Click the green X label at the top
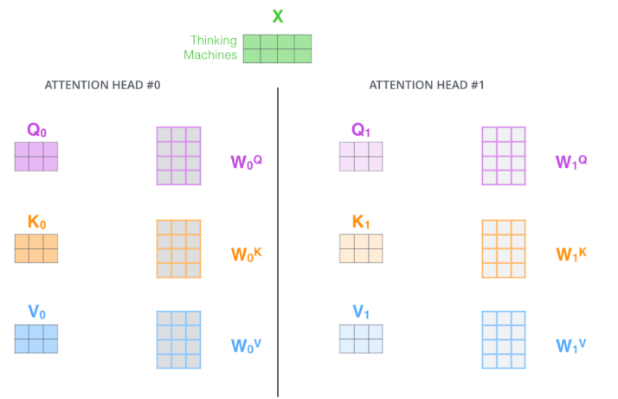click(x=277, y=16)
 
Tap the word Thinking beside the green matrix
click(x=215, y=40)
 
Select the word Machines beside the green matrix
click(x=211, y=55)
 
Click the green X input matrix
click(x=277, y=48)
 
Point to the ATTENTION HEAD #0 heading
click(x=102, y=85)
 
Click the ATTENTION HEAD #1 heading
click(x=427, y=85)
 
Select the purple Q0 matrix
click(x=36, y=157)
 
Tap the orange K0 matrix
click(x=36, y=248)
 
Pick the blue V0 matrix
click(x=36, y=338)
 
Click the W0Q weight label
click(x=246, y=161)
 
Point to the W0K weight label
click(x=246, y=254)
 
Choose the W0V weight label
click(x=246, y=345)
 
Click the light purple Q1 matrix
click(x=361, y=157)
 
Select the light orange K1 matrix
click(x=361, y=248)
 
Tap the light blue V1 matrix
click(x=361, y=338)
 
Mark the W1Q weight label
click(x=571, y=161)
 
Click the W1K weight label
click(x=571, y=254)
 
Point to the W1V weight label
click(x=571, y=345)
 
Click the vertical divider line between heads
click(x=278, y=242)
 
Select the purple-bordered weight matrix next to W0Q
click(x=179, y=156)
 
